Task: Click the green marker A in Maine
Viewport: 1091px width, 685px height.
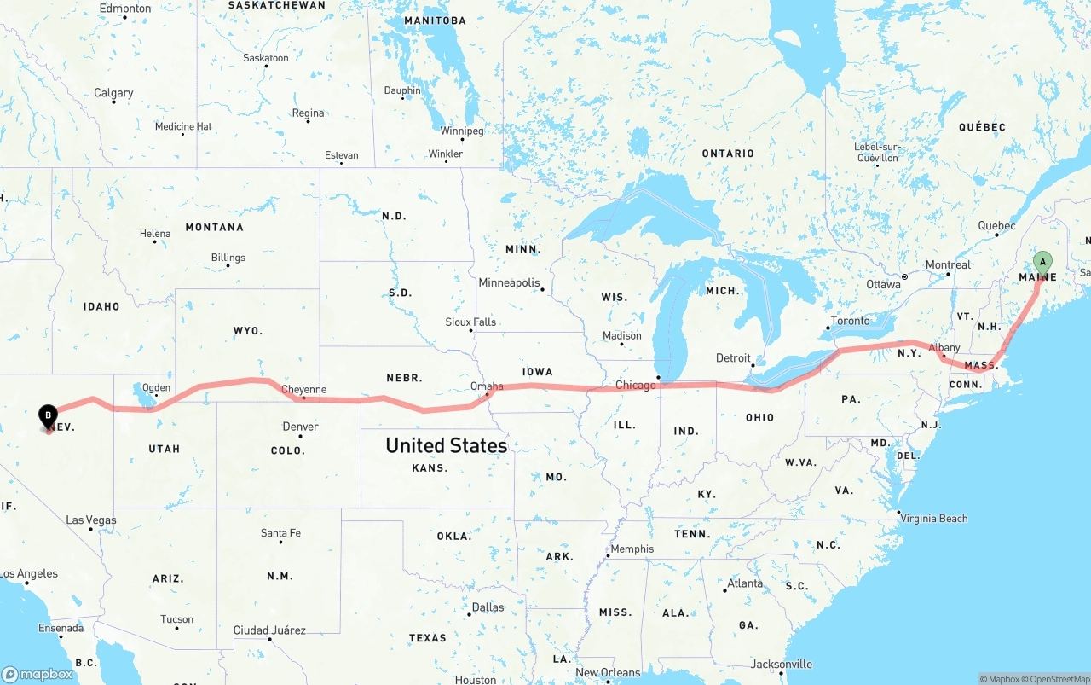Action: tap(1042, 263)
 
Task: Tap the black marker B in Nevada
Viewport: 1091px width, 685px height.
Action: tap(49, 416)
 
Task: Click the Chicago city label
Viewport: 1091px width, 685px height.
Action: tap(636, 386)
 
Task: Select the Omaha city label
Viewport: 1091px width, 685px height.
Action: tap(487, 386)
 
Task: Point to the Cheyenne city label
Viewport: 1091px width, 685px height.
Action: tap(304, 390)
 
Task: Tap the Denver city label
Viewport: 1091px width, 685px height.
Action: tap(300, 427)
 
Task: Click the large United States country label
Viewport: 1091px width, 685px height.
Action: tap(446, 445)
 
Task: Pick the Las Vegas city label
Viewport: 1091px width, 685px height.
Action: tap(91, 520)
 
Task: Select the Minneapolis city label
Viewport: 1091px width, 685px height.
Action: tap(509, 282)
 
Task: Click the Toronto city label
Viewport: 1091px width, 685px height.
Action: tap(850, 321)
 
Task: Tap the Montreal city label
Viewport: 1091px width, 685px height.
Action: tap(948, 264)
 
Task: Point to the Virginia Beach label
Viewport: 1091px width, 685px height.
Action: tap(934, 518)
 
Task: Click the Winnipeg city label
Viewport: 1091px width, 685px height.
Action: tap(462, 131)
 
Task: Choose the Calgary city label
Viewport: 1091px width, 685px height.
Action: tap(113, 93)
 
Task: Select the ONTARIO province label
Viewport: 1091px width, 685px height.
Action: tap(728, 154)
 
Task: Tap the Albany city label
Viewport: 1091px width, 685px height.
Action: tap(944, 348)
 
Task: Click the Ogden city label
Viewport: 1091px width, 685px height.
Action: tap(156, 388)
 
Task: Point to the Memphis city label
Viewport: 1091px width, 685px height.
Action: tap(632, 549)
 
